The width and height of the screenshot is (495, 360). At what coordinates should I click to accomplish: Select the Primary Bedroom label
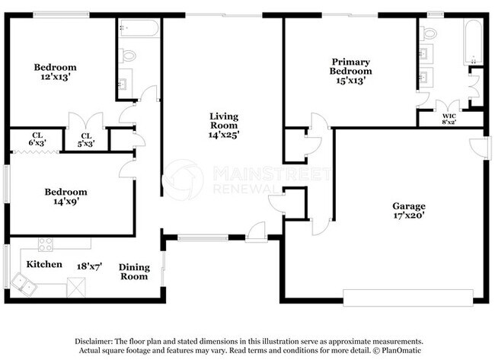[x=350, y=72]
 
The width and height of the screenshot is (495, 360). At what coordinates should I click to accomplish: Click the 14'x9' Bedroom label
[x=65, y=197]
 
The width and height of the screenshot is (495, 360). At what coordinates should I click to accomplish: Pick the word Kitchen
[x=44, y=264]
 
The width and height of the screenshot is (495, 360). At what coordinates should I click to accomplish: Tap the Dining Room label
[x=134, y=272]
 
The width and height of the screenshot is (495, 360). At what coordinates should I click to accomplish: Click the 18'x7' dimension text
[x=89, y=266]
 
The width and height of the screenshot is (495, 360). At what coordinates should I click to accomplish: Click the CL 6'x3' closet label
[x=37, y=139]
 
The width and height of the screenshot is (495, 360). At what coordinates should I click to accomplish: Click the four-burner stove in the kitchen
[x=46, y=245]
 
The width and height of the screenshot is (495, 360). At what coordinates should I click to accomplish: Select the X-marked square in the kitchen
[x=76, y=287]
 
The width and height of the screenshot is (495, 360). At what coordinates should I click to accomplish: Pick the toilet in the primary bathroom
[x=429, y=33]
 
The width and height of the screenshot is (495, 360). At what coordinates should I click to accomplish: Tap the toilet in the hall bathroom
[x=128, y=55]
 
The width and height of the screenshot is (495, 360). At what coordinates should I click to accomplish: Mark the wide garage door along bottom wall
[x=412, y=295]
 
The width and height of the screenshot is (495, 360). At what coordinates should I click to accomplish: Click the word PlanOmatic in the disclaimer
[x=401, y=351]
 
